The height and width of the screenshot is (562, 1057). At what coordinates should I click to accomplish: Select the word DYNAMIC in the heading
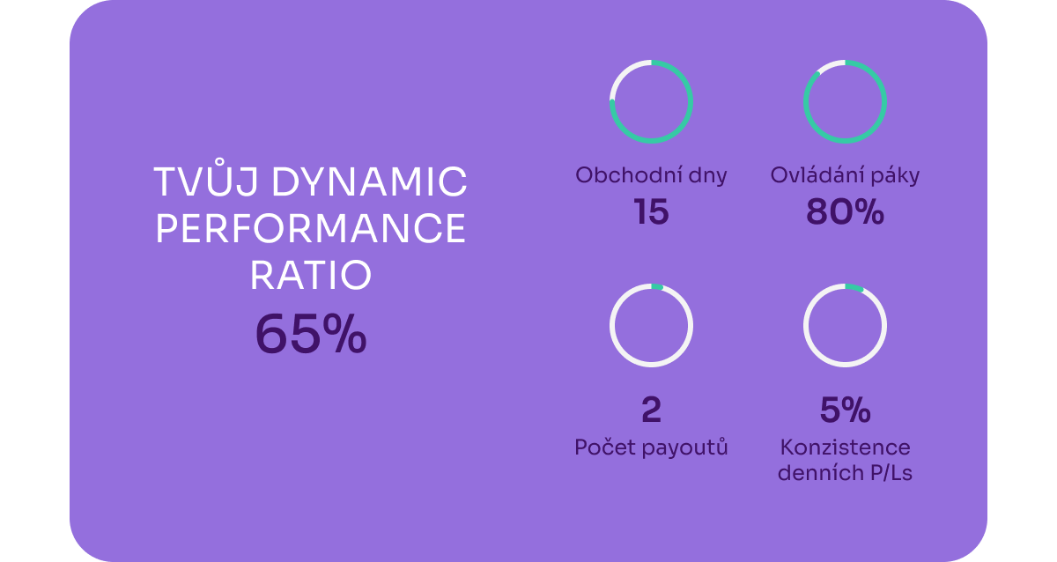[x=369, y=181]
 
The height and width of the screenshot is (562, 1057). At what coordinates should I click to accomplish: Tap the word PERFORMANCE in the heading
[x=310, y=228]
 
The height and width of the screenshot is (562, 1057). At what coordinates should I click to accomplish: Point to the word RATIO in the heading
[x=310, y=275]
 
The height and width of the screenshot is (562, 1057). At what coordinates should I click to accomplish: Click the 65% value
[x=310, y=334]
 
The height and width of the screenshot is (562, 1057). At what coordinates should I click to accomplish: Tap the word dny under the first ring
[x=707, y=177]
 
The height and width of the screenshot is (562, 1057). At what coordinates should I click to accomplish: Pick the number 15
[x=651, y=211]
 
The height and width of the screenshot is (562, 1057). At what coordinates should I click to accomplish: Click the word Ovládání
[x=815, y=174]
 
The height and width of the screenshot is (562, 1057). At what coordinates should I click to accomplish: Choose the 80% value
[x=845, y=211]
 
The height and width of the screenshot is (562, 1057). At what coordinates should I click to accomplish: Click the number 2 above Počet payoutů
[x=651, y=409]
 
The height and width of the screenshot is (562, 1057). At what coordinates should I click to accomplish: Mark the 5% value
[x=845, y=409]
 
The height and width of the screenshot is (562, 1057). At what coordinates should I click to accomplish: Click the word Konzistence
[x=845, y=447]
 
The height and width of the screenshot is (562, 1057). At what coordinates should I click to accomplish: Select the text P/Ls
[x=891, y=473]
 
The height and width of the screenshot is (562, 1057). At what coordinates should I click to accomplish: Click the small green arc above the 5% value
[x=854, y=287]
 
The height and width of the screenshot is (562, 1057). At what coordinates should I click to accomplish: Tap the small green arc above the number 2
[x=657, y=286]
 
